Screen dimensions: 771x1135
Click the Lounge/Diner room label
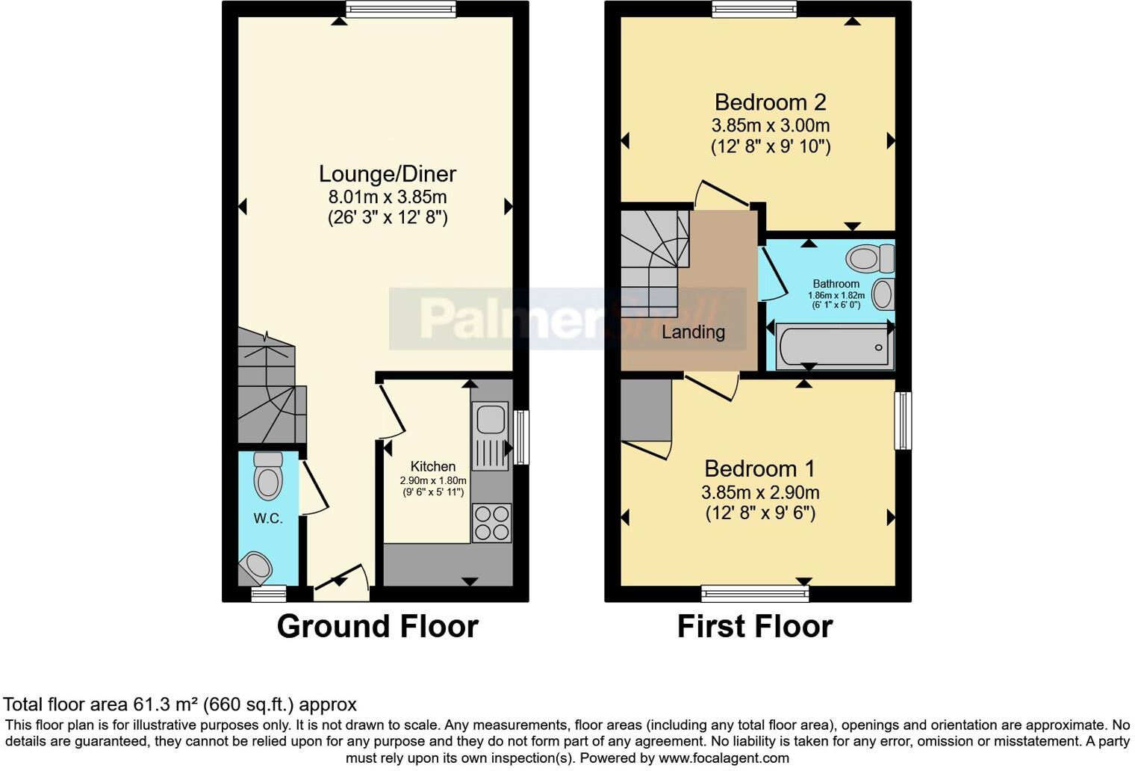[387, 174]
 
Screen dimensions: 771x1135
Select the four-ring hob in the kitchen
[492, 522]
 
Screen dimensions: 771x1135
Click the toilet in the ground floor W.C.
[268, 476]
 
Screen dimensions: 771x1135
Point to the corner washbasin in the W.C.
[255, 568]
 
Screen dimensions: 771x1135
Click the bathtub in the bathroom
[834, 347]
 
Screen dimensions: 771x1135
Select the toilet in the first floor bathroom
[869, 259]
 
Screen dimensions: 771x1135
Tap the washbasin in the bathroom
[883, 294]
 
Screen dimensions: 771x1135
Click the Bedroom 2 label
[770, 102]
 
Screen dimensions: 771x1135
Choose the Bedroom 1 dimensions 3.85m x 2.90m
[760, 492]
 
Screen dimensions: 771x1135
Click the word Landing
[693, 332]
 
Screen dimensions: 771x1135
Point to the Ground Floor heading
[377, 626]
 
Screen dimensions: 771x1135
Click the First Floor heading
[754, 626]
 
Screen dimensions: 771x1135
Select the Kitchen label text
[432, 466]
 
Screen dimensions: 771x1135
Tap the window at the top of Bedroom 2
[754, 9]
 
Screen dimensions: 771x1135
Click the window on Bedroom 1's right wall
[903, 420]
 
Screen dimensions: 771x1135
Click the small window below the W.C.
[268, 594]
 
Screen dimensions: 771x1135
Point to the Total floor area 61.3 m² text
[180, 704]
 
